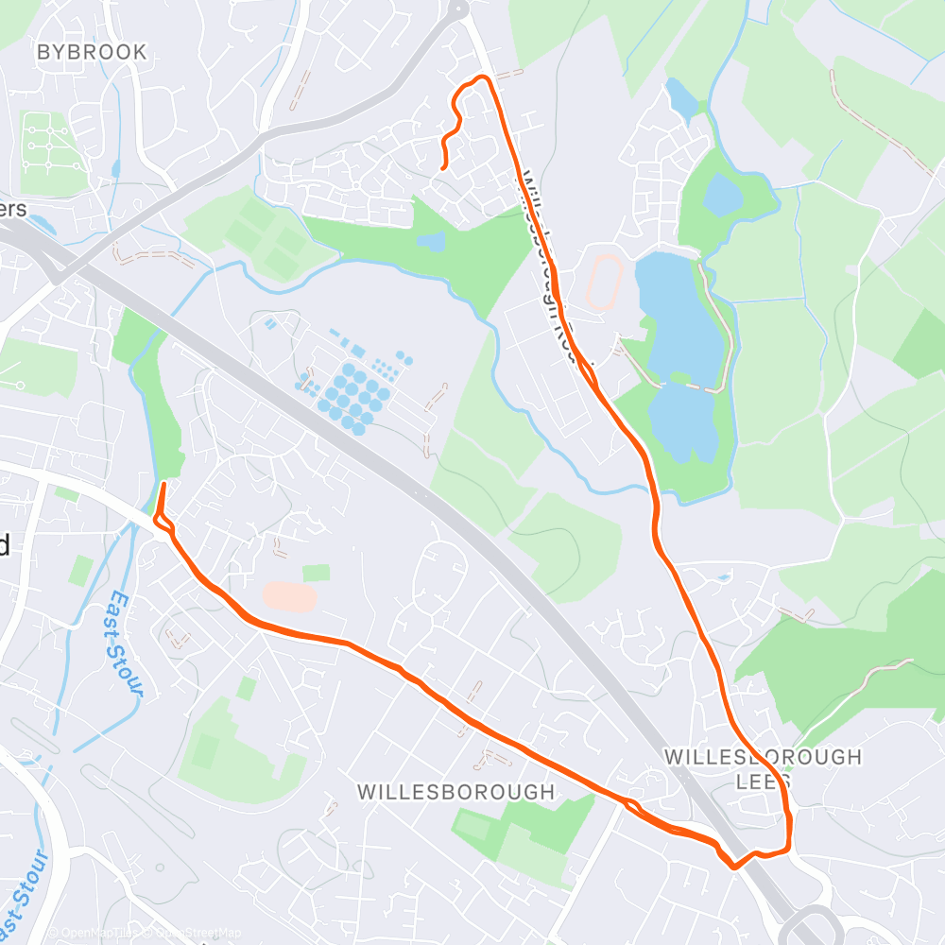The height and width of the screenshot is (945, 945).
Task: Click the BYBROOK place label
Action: pos(92,53)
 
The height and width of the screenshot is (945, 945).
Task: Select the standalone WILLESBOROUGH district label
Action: pos(455,792)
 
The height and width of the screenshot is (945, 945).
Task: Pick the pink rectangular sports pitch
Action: pos(289,596)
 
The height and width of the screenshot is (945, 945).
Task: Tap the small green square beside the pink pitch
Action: pos(317,573)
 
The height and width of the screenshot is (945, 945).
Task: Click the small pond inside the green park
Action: pos(432,242)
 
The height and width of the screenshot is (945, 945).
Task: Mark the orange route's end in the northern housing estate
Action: pos(444,167)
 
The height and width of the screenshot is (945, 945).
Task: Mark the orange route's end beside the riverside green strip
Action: pos(163,485)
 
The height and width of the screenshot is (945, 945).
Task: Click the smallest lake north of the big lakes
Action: pos(680,97)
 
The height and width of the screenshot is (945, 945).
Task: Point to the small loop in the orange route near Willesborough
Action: pos(631,805)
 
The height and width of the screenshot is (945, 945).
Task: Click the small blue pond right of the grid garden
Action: pos(115,169)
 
